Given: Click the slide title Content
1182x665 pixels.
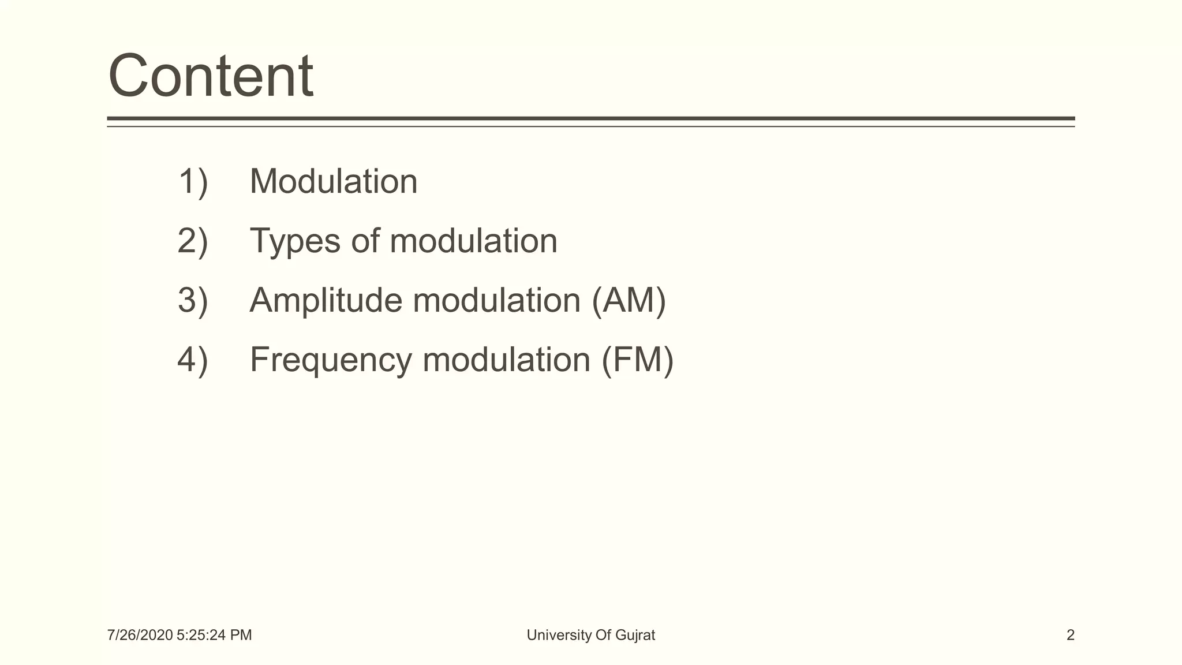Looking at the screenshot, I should point(211,76).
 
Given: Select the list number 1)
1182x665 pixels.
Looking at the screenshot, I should point(193,182).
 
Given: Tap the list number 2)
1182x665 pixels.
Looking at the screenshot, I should point(193,241).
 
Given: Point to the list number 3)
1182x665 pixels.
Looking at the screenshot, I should point(193,301).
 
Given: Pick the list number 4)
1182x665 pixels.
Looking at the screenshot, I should point(193,360).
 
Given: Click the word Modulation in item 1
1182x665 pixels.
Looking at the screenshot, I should point(334,182).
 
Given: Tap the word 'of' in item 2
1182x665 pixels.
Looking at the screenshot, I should point(365,241).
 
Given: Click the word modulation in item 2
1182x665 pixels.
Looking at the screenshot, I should point(473,241).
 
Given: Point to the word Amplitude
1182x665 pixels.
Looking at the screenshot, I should point(326,301).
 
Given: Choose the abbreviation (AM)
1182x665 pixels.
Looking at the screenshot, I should point(629,301).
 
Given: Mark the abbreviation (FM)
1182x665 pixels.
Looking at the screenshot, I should point(637,361).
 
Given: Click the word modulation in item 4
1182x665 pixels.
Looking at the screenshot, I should point(506,360).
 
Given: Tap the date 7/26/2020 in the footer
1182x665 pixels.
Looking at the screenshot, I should point(140,636).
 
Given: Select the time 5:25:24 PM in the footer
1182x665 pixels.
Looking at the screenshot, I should point(214,636).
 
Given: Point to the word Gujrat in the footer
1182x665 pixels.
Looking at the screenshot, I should point(635,636).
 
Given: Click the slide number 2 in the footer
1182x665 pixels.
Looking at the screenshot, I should point(1070,636).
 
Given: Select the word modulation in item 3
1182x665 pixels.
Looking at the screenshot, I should point(496,301).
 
